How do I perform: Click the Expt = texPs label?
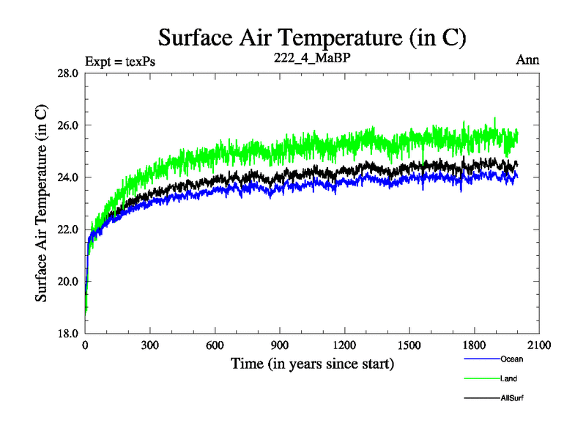pyautogui.click(x=120, y=61)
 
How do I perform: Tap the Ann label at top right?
pyautogui.click(x=528, y=60)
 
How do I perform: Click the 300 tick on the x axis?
pyautogui.click(x=150, y=345)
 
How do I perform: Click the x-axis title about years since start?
pyautogui.click(x=313, y=363)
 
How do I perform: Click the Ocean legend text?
pyautogui.click(x=511, y=359)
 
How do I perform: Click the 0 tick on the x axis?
pyautogui.click(x=86, y=345)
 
